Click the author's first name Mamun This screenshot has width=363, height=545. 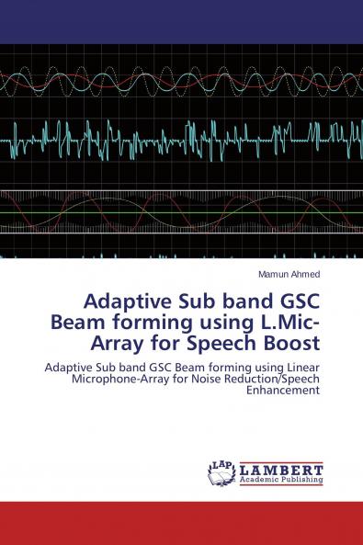click(x=274, y=274)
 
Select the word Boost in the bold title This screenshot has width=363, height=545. click(x=290, y=345)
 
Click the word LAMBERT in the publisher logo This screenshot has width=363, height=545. click(x=281, y=468)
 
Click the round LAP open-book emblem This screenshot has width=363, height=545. click(x=222, y=472)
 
